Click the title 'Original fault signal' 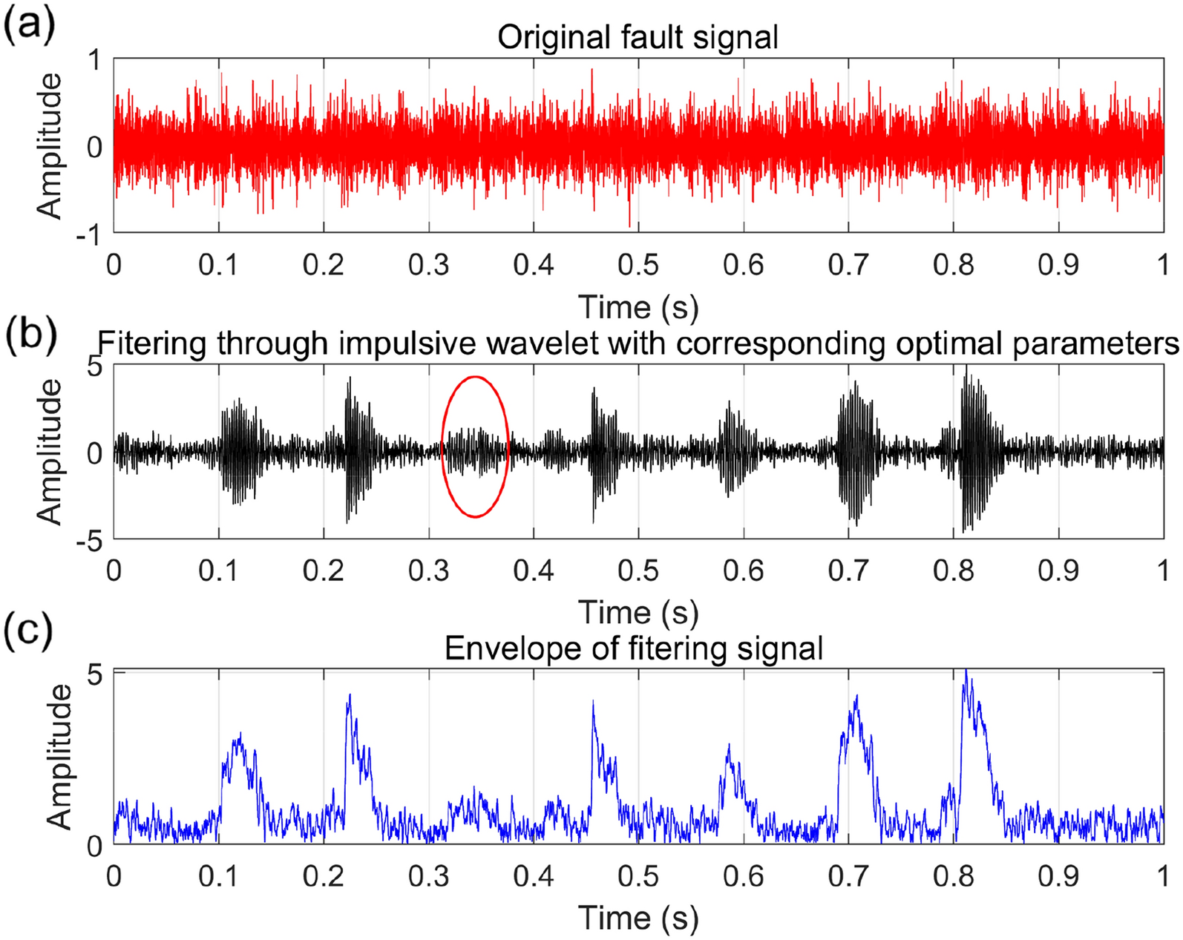(x=638, y=37)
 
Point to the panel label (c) (x=28, y=631)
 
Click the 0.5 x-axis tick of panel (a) (x=638, y=265)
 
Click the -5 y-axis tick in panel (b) (x=89, y=542)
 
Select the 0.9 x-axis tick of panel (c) (x=1058, y=876)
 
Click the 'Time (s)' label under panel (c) (x=638, y=918)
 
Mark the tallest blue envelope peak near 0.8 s (x=966, y=672)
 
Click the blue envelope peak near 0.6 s (x=729, y=746)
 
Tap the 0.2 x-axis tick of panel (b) (x=324, y=571)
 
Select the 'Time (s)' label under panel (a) (x=638, y=306)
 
